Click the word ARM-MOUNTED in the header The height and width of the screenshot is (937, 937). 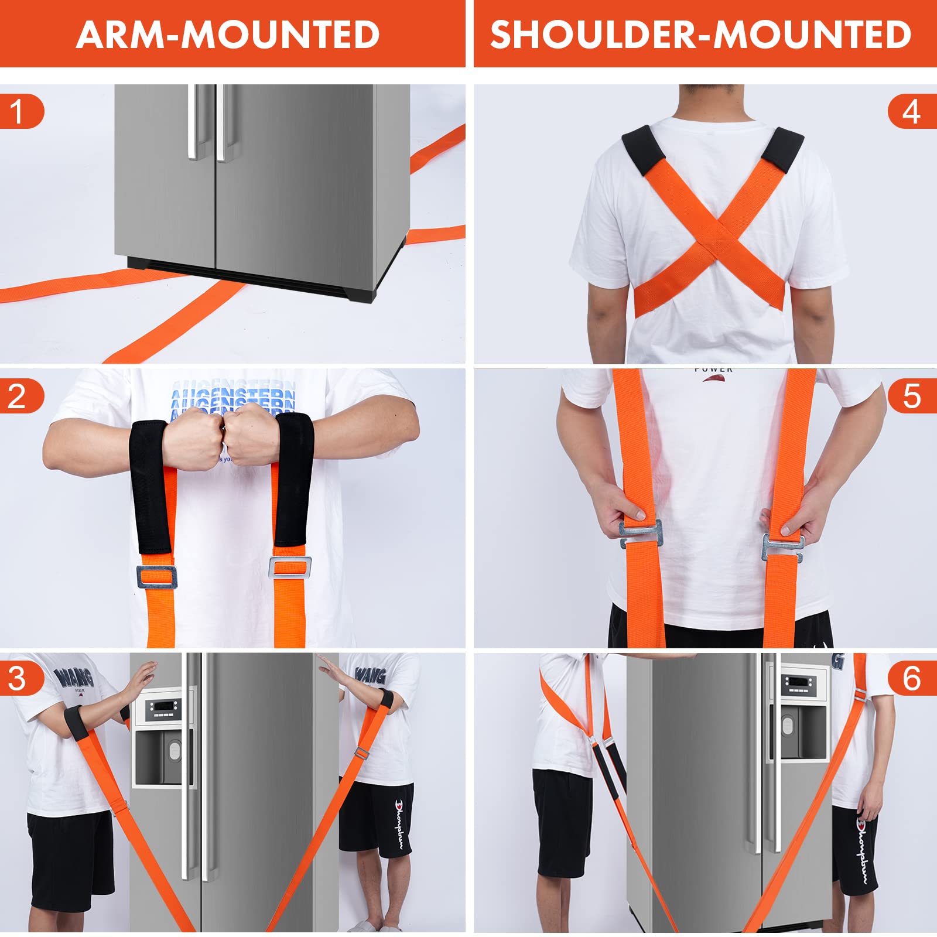[228, 35]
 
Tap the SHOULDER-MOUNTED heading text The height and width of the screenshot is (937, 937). [700, 35]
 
